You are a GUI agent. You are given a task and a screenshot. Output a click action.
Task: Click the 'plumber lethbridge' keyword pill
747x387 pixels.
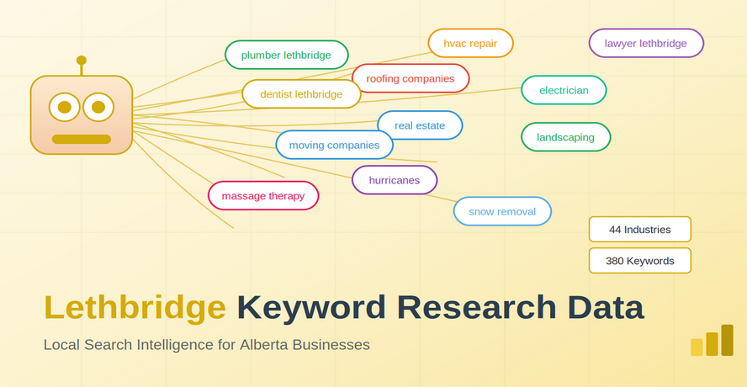click(x=286, y=56)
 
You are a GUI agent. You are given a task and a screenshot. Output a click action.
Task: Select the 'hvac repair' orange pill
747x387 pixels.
click(x=470, y=44)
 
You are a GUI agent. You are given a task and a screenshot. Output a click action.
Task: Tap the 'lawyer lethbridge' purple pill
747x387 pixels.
click(x=645, y=44)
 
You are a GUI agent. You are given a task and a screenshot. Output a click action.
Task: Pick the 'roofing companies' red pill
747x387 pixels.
click(x=411, y=79)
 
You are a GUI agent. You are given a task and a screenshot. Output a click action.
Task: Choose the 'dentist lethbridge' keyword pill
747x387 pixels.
click(x=300, y=94)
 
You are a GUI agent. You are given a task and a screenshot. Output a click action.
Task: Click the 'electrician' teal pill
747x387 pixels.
click(x=564, y=91)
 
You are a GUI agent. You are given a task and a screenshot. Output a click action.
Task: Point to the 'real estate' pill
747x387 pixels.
click(x=420, y=125)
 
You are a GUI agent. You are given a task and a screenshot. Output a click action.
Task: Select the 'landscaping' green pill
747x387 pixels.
click(x=565, y=137)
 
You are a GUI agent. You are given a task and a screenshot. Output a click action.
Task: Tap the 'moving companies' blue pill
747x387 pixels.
click(x=334, y=145)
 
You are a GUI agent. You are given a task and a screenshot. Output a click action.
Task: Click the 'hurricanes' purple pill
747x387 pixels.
click(x=394, y=180)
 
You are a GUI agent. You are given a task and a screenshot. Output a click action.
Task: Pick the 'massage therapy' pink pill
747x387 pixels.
click(x=263, y=196)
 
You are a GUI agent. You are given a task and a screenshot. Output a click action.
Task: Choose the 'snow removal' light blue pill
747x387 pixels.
click(x=502, y=212)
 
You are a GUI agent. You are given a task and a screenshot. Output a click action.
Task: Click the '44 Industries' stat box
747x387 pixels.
click(x=639, y=230)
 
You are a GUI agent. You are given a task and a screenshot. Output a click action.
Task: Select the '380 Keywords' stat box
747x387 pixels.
click(x=639, y=261)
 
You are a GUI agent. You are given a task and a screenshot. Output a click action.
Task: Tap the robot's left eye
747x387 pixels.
click(x=65, y=108)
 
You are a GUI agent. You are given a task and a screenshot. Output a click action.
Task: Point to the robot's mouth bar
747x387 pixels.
click(x=82, y=139)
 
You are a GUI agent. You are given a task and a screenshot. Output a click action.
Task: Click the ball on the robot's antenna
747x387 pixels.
click(x=82, y=61)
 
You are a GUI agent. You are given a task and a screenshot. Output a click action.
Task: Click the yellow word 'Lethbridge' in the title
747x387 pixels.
click(x=135, y=307)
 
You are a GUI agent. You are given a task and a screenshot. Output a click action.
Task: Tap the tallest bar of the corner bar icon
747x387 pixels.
click(x=727, y=340)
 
